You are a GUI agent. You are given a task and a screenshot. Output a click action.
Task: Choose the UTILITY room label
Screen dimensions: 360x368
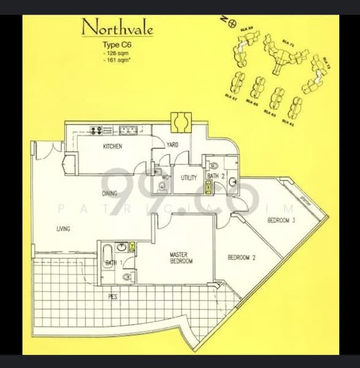coord(188,178)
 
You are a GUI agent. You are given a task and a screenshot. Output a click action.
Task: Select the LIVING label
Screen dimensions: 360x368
coord(63,229)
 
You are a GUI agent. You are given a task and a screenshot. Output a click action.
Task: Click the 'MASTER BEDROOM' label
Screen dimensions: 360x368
coord(182,258)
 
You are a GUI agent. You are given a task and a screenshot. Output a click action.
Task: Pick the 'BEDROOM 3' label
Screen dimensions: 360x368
coord(282,220)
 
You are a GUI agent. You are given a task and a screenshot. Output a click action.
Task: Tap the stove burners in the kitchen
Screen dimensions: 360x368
coord(96,129)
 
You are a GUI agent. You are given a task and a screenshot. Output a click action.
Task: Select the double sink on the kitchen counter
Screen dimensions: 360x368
coord(129,129)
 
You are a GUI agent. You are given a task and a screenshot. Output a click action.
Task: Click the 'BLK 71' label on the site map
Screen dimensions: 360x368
coord(287,43)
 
